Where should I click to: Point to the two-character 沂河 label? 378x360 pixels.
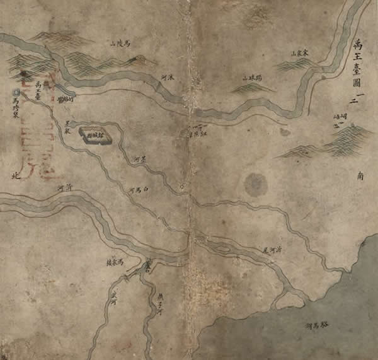point(65,189)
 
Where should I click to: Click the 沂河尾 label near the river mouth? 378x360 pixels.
point(272,250)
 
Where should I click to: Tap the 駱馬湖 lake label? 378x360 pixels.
point(318,326)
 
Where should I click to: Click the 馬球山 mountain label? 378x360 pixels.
point(251,78)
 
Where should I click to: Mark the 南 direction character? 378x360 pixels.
point(360,178)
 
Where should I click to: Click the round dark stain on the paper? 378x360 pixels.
point(255,184)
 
